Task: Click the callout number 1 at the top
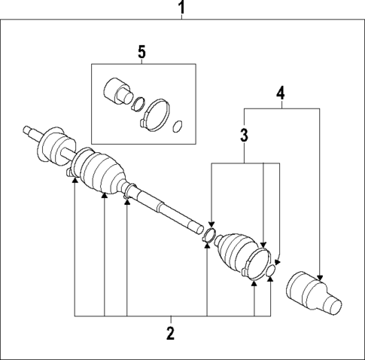pyautogui.click(x=181, y=9)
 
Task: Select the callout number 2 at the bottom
pyautogui.click(x=170, y=334)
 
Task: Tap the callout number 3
pyautogui.click(x=244, y=136)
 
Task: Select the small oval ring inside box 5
pyautogui.click(x=178, y=126)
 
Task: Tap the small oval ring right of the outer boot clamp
pyautogui.click(x=271, y=271)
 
